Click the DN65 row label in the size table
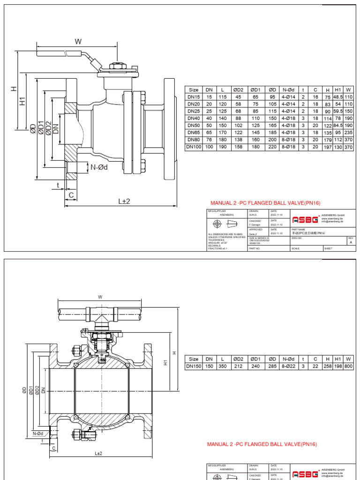[x=193, y=133]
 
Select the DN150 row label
[x=194, y=366]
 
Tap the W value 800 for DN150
[x=348, y=366]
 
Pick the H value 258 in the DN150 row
[x=327, y=366]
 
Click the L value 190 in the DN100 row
[x=223, y=147]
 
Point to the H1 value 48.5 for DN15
[x=337, y=97]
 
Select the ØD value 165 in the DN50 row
[x=272, y=126]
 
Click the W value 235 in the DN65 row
[x=348, y=133]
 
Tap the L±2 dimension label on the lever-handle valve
[x=124, y=201]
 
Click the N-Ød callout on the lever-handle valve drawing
[x=99, y=167]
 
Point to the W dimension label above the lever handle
[x=78, y=42]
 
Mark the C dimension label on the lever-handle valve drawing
[x=71, y=195]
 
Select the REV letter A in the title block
[x=351, y=243]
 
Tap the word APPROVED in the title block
[x=255, y=229]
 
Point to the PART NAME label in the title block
[x=299, y=229]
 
